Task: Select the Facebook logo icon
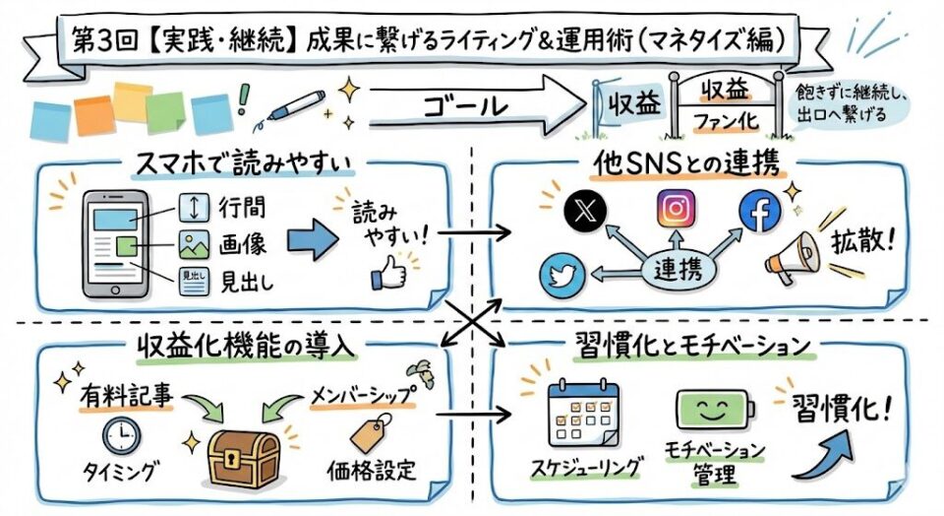click(759, 210)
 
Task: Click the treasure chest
click(244, 453)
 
